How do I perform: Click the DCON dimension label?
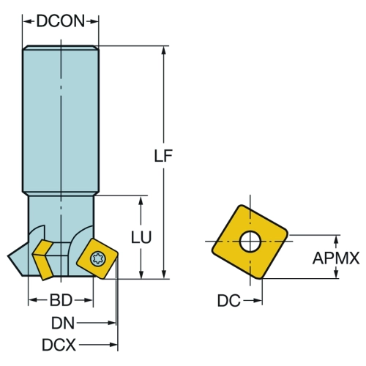pyautogui.click(x=61, y=21)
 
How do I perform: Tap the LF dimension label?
pyautogui.click(x=163, y=156)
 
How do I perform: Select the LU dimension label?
pyautogui.click(x=141, y=237)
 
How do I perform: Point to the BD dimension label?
pyautogui.click(x=61, y=300)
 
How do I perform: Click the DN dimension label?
pyautogui.click(x=63, y=323)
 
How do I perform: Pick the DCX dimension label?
pyautogui.click(x=59, y=345)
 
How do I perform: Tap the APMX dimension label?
pyautogui.click(x=336, y=258)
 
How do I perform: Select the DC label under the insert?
pyautogui.click(x=228, y=300)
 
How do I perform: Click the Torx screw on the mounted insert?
pyautogui.click(x=98, y=258)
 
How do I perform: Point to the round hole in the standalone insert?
pyautogui.click(x=250, y=242)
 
